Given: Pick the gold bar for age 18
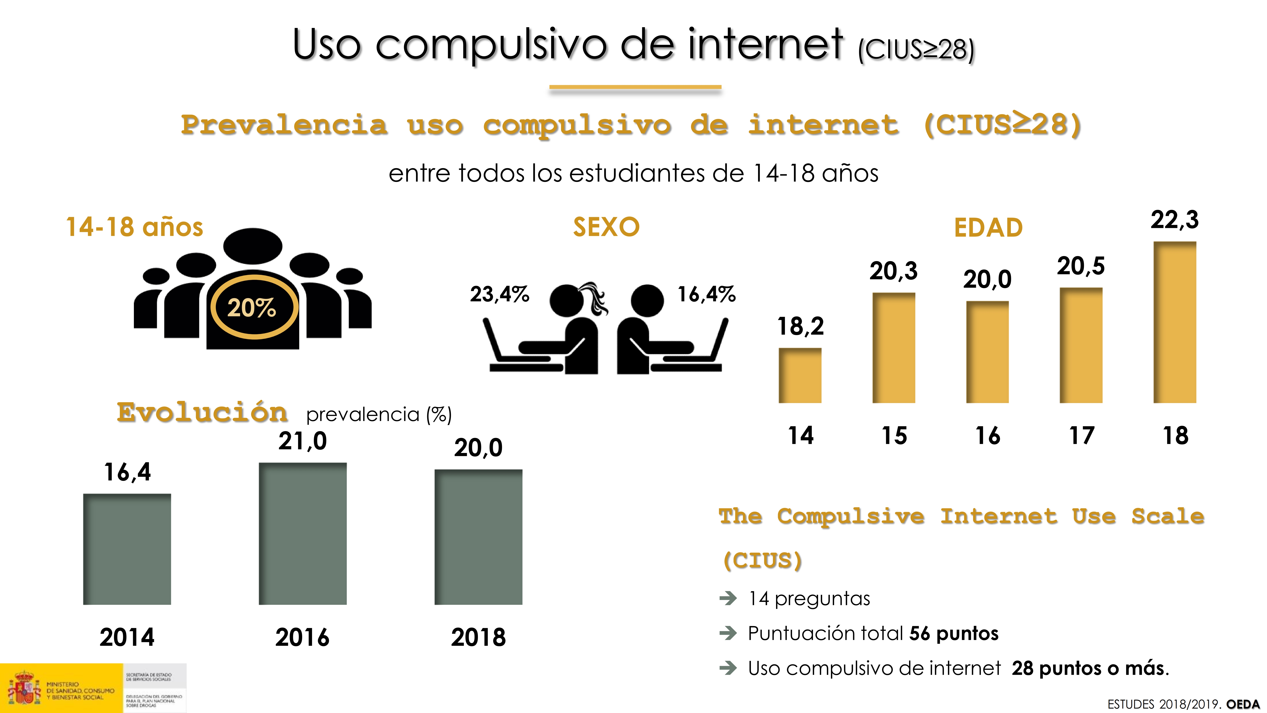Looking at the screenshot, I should tap(1175, 322).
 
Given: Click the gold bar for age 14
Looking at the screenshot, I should tap(800, 375).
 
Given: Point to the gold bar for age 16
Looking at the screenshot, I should tap(987, 352).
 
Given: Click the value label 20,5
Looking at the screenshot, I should tap(1081, 266).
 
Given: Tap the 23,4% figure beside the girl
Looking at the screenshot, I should tap(499, 294).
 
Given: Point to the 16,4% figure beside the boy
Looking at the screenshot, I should tap(706, 294).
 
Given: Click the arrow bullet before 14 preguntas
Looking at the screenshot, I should tap(728, 598).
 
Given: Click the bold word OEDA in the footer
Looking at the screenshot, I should tap(1243, 704).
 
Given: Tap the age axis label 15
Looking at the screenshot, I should tap(894, 435).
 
